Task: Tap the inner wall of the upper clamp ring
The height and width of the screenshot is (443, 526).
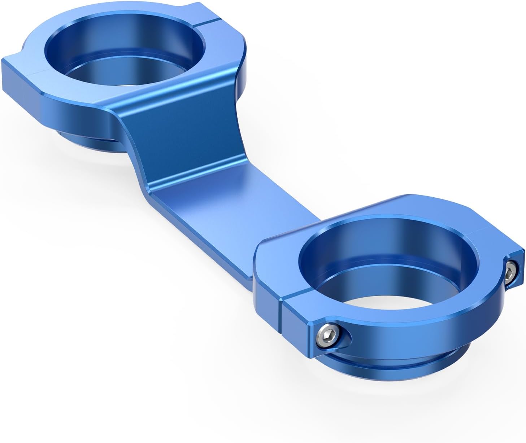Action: (x=144, y=34)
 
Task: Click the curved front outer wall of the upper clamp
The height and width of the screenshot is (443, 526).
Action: (x=72, y=108)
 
